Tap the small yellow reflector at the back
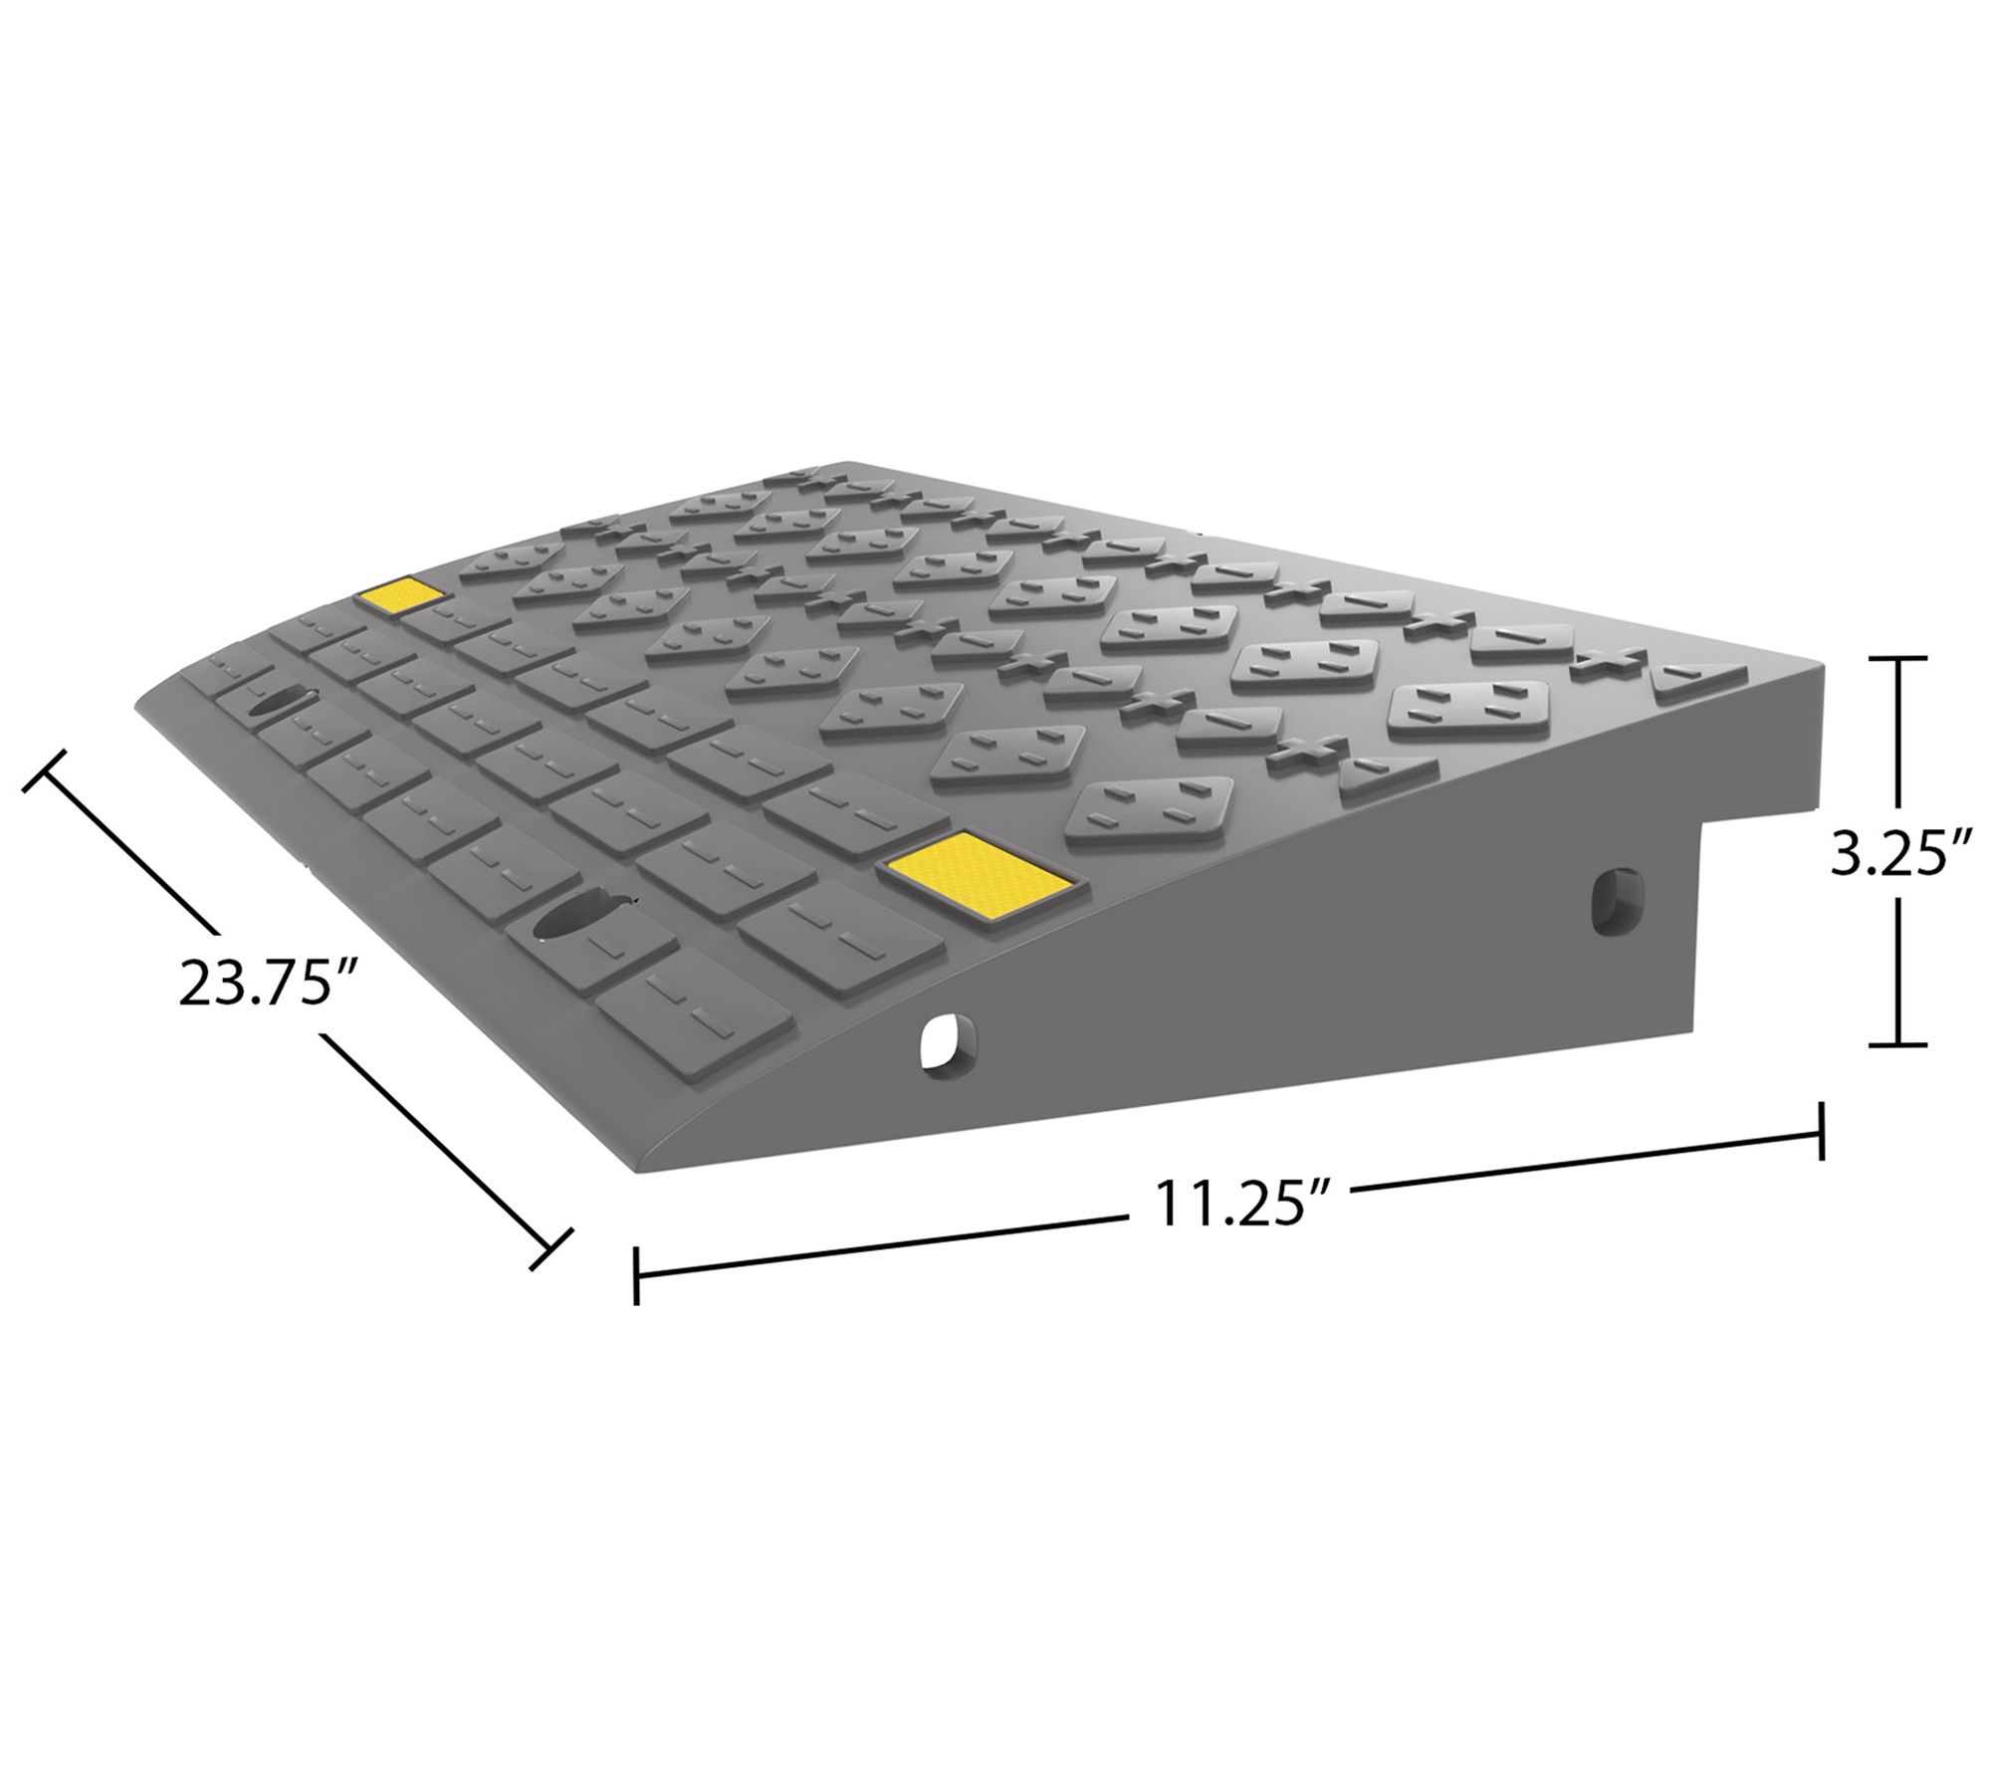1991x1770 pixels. point(402,596)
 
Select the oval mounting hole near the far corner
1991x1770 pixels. point(279,703)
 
